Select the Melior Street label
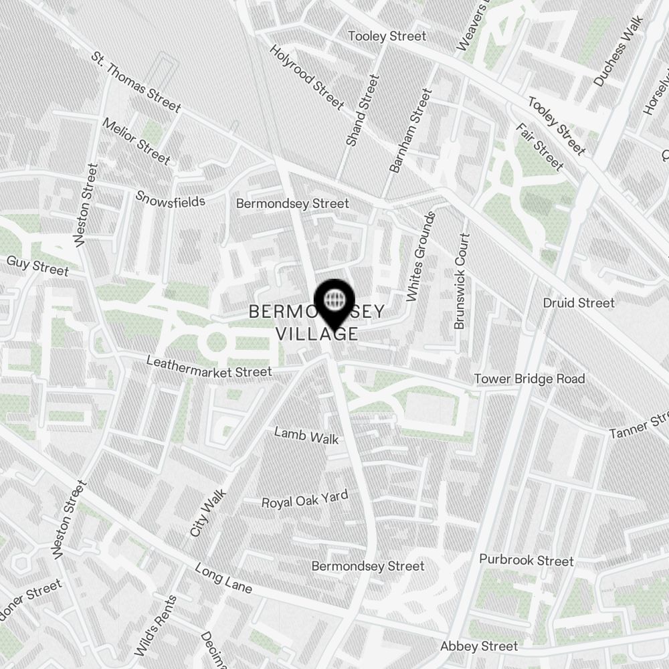click(x=136, y=142)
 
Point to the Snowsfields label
click(x=170, y=199)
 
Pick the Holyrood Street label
click(x=307, y=77)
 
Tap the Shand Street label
click(x=363, y=110)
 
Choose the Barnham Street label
click(x=409, y=130)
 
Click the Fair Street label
click(x=539, y=147)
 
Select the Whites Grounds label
click(x=421, y=256)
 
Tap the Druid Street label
click(x=579, y=303)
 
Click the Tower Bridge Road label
click(x=529, y=379)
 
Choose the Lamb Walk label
click(x=306, y=436)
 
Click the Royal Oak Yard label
click(x=304, y=499)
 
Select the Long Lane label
click(x=223, y=579)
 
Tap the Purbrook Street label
click(x=527, y=560)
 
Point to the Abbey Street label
click(x=479, y=646)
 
